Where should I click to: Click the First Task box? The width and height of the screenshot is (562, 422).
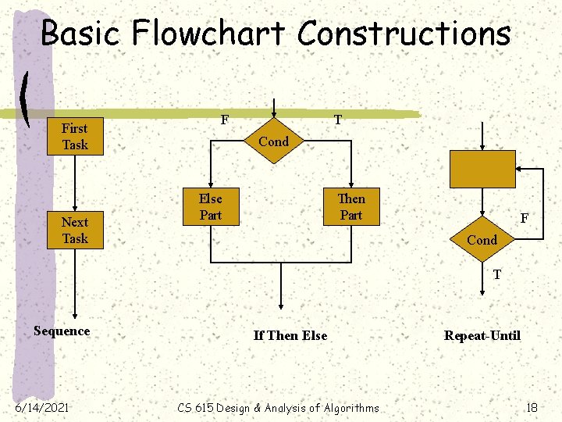pyautogui.click(x=75, y=136)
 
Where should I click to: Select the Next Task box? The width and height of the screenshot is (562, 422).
pyautogui.click(x=75, y=230)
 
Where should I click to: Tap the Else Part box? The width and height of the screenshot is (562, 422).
pyautogui.click(x=210, y=206)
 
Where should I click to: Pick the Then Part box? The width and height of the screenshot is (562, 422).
pyautogui.click(x=351, y=206)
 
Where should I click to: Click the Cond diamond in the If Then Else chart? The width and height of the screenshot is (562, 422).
pyautogui.click(x=273, y=141)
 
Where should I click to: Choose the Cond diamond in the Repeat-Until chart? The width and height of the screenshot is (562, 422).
pyautogui.click(x=482, y=239)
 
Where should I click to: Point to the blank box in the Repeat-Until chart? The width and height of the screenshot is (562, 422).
pyautogui.click(x=482, y=169)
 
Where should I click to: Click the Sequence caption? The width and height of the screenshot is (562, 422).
pyautogui.click(x=62, y=331)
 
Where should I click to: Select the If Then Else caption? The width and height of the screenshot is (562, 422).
pyautogui.click(x=290, y=335)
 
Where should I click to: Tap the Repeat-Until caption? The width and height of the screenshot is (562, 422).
pyautogui.click(x=482, y=335)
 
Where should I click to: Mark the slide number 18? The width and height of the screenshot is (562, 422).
pyautogui.click(x=532, y=406)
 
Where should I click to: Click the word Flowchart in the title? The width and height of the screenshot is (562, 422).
pyautogui.click(x=210, y=34)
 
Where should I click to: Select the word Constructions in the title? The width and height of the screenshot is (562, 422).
pyautogui.click(x=404, y=34)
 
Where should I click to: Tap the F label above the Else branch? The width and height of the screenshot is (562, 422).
pyautogui.click(x=224, y=120)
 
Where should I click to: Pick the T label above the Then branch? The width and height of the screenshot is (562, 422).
pyautogui.click(x=337, y=120)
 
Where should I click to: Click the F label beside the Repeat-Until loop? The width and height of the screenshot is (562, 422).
pyautogui.click(x=525, y=220)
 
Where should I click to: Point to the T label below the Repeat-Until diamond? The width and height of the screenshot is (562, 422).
pyautogui.click(x=496, y=274)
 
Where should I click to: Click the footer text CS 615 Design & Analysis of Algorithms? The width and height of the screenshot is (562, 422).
pyautogui.click(x=278, y=407)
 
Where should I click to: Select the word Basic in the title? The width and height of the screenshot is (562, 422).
pyautogui.click(x=80, y=34)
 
